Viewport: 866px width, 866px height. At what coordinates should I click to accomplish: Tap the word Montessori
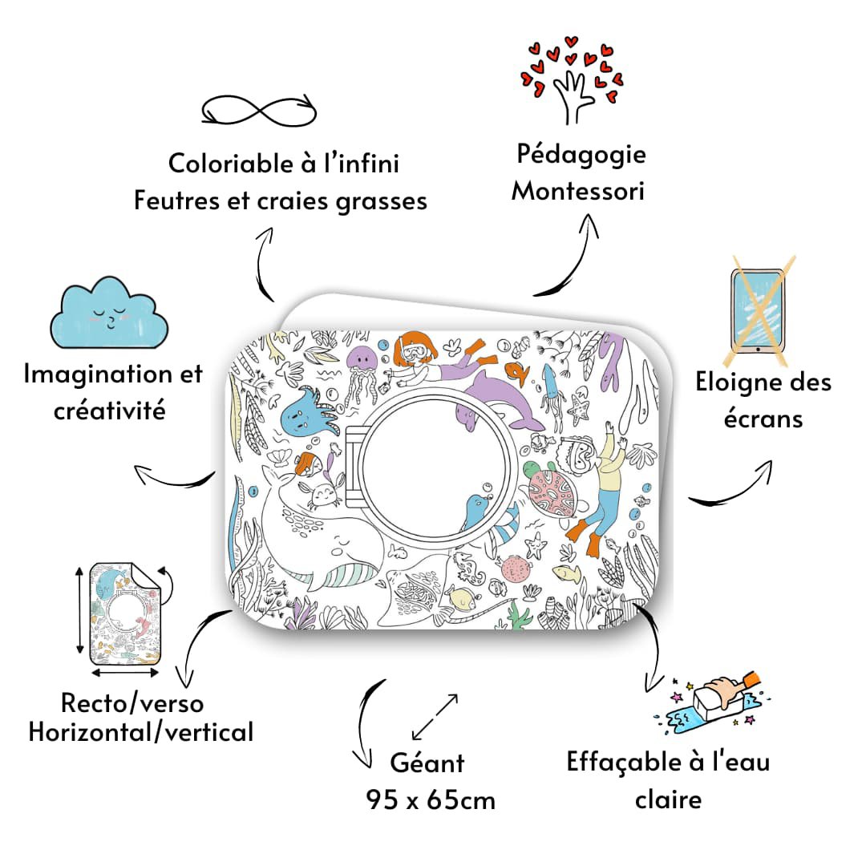pos(578,192)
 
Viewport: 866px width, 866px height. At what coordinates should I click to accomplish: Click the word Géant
pos(427,763)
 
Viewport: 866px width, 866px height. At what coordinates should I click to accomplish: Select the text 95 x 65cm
pos(431,799)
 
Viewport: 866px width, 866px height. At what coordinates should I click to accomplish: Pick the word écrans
pos(763,419)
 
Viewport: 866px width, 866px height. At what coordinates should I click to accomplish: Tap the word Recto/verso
pos(132,703)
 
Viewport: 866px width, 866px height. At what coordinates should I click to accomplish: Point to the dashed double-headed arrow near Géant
pos(435,716)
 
